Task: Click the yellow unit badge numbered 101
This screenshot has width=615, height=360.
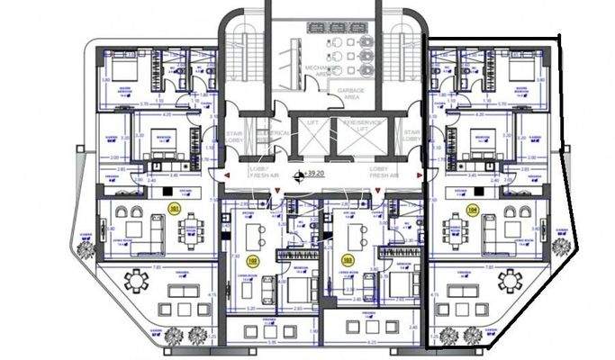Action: (x=174, y=209)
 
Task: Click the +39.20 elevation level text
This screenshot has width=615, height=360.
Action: (x=314, y=173)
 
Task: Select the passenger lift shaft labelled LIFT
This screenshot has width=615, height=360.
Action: (x=312, y=134)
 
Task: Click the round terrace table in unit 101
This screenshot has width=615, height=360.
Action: (x=137, y=281)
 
